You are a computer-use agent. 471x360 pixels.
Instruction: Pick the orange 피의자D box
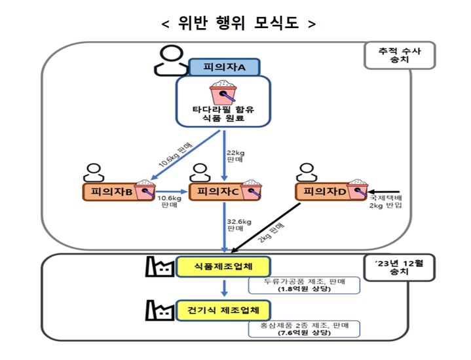click(x=325, y=191)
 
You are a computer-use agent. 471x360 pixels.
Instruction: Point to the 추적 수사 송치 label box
click(x=399, y=56)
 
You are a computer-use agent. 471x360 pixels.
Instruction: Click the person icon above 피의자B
click(x=94, y=171)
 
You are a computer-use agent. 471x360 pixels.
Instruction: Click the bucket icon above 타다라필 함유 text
click(x=224, y=92)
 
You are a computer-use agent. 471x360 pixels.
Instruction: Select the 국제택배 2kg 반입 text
click(x=386, y=201)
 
